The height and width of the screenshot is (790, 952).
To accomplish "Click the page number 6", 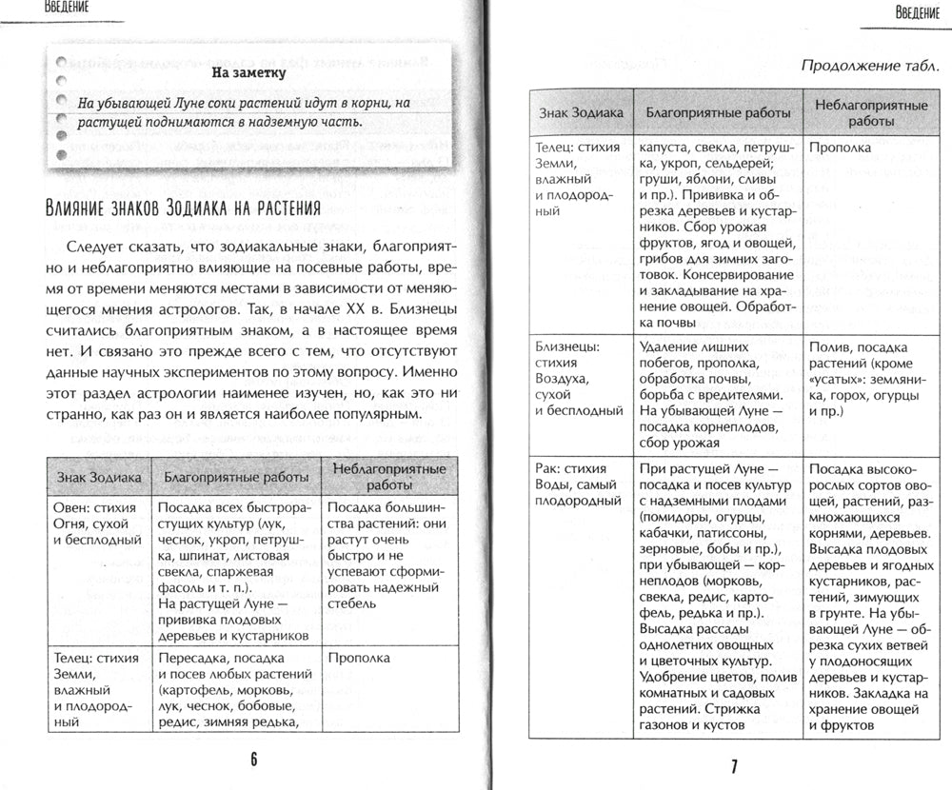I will click(254, 758).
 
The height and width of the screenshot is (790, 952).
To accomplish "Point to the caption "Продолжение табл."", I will click(870, 66).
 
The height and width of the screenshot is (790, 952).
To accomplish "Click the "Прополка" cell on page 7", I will click(840, 148).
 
